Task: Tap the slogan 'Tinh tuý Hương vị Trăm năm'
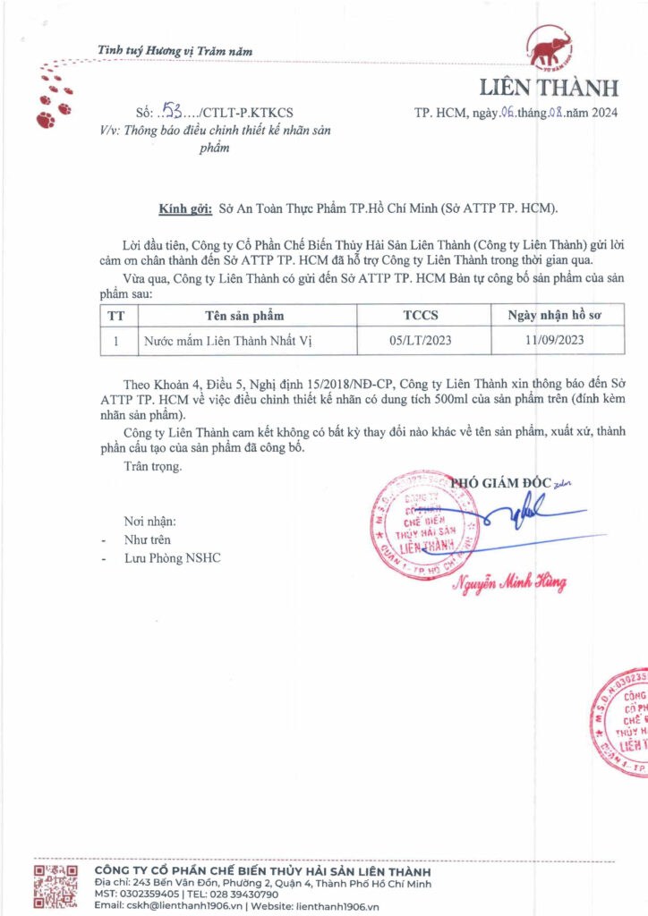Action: point(175,51)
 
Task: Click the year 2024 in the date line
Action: point(603,113)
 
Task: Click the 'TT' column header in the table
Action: point(116,316)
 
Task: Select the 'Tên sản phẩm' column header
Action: point(244,316)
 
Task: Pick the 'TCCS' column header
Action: point(421,316)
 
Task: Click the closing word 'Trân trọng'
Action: point(153,466)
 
